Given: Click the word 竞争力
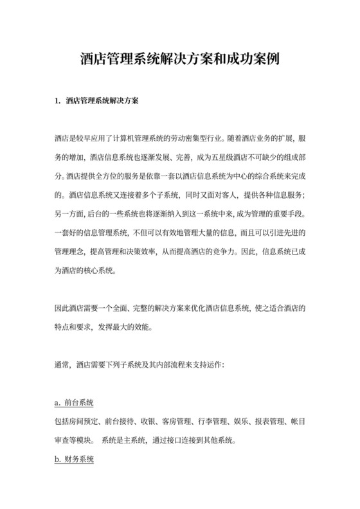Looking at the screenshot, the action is (x=219, y=253).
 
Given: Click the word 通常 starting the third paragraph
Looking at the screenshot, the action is (x=62, y=364).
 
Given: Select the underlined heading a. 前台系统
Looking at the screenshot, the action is (x=75, y=403).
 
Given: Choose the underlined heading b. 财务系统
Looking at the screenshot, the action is (x=75, y=460).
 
